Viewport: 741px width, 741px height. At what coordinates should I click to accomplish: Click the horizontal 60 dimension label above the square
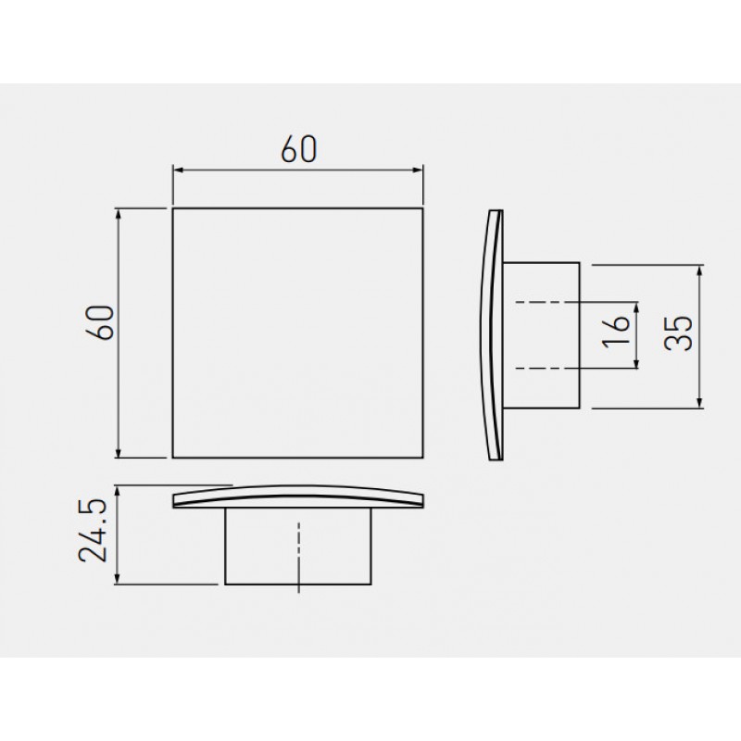coord(299,149)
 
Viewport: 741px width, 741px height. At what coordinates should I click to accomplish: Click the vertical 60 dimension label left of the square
coord(101,322)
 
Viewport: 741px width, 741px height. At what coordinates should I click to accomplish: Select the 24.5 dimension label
coord(93,530)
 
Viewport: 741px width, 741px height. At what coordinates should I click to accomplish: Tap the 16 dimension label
coord(616,333)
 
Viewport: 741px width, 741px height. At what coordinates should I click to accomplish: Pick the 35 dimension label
coord(678,333)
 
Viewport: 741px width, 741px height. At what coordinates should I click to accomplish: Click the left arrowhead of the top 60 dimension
coord(178,170)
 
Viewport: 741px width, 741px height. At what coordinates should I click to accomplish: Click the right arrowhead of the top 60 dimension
coord(418,170)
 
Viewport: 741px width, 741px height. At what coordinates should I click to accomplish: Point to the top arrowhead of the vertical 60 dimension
coord(119,214)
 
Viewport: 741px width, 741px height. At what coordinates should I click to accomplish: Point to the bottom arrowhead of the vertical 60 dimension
coord(119,452)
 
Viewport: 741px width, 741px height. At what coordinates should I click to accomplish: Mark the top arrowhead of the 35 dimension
coord(700,270)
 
